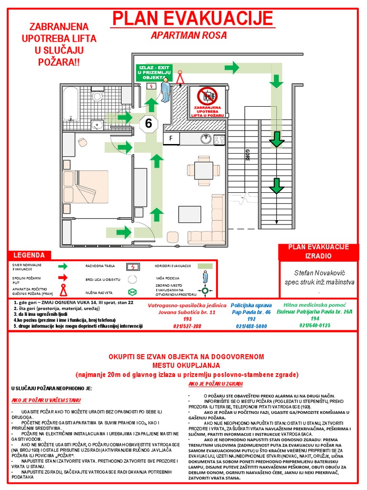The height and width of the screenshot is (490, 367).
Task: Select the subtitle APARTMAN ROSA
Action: point(189,35)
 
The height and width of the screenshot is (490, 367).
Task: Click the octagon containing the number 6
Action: point(149,123)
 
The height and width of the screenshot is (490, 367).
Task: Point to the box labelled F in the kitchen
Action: point(170,139)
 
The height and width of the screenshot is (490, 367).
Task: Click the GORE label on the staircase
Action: point(247,155)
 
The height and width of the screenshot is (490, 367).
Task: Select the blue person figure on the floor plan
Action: point(165,90)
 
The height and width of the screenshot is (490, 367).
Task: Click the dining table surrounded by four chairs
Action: point(204,170)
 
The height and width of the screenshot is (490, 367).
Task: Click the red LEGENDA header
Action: point(29,256)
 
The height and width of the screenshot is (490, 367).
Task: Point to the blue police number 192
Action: point(251,319)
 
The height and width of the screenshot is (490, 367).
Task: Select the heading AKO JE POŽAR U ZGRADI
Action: point(216,384)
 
